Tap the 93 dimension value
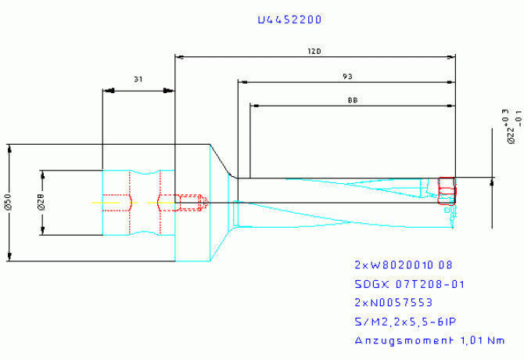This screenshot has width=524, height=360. [x=346, y=75]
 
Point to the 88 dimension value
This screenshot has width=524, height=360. [x=353, y=100]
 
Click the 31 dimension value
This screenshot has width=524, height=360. [x=138, y=80]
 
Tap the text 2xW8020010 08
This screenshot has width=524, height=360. [x=403, y=265]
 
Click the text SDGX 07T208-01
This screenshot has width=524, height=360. [x=407, y=283]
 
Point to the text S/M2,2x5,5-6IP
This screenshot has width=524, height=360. [x=406, y=321]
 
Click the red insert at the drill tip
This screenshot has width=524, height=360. [x=447, y=190]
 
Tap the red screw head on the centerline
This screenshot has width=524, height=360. [x=202, y=203]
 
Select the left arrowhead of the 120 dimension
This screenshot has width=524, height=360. [x=180, y=57]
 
